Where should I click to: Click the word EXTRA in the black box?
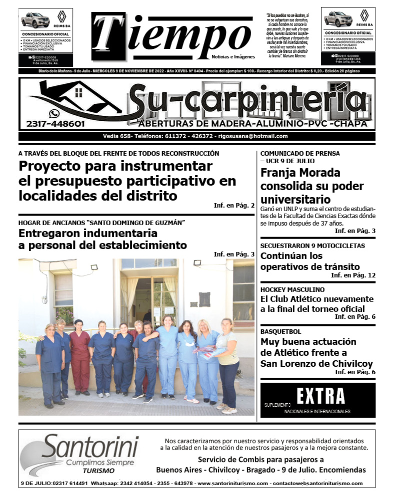click(320, 396)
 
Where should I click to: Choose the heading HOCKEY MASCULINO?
click(292, 289)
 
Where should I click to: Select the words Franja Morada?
click(300, 173)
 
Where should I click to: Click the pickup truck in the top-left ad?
click(35, 20)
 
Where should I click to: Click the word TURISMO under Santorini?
click(99, 471)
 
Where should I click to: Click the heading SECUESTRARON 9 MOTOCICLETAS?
click(312, 246)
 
